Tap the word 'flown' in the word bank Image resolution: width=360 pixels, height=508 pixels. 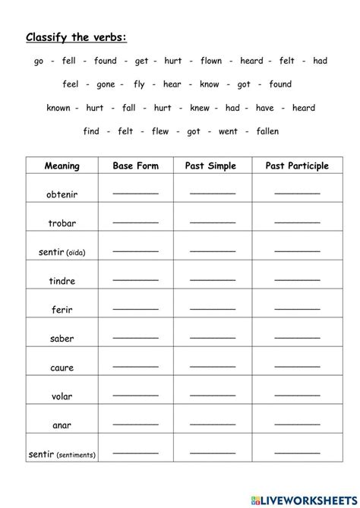coord(213,61)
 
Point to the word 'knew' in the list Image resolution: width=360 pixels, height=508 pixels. coord(199,108)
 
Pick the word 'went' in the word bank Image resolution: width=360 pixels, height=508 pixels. coord(228,131)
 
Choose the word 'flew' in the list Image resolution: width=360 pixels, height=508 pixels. coord(159,131)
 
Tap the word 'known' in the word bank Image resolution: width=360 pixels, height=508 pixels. coord(58,108)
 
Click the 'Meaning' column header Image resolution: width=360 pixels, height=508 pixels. coord(62,166)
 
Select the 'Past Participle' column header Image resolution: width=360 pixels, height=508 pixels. coord(296,166)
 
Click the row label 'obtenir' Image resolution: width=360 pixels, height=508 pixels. coord(62,194)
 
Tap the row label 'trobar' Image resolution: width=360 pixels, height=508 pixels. coord(62,224)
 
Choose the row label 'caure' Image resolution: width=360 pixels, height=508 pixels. coord(62,368)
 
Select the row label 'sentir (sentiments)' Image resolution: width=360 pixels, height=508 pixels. coord(62,455)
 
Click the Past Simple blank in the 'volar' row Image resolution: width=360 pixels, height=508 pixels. coord(213,395)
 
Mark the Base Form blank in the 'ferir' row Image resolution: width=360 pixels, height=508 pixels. coord(135,308)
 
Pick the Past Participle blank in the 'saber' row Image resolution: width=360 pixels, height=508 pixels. coord(296,337)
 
